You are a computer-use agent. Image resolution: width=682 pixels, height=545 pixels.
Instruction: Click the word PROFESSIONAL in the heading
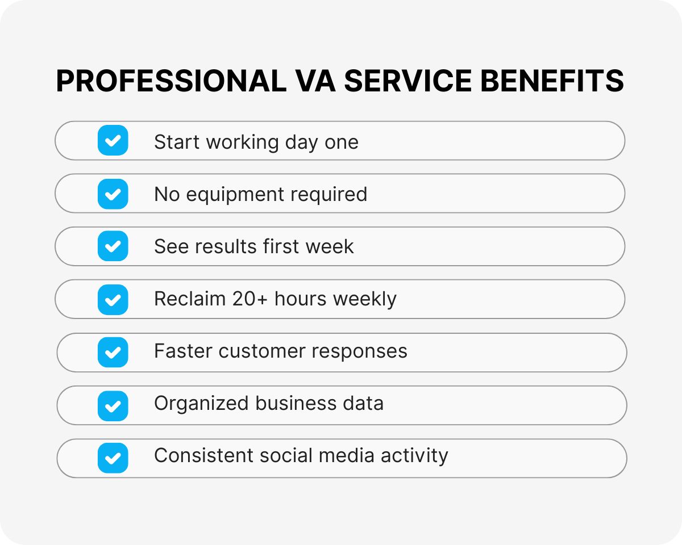coord(171,81)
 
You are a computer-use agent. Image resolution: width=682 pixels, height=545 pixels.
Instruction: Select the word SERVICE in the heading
coord(409,81)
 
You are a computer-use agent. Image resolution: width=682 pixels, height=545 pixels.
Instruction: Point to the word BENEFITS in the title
coord(552,81)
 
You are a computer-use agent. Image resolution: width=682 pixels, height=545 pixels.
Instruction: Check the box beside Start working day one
coord(113,141)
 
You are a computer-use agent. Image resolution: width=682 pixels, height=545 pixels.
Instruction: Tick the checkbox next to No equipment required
coord(113,194)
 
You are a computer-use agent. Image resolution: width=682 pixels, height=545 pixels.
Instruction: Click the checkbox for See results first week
coord(113,246)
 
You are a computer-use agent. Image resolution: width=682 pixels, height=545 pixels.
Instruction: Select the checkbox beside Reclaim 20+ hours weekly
coord(113,299)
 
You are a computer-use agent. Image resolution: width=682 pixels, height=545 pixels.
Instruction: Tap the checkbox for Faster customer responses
coord(113,352)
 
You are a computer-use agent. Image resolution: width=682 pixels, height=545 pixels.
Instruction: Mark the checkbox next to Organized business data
coord(113,405)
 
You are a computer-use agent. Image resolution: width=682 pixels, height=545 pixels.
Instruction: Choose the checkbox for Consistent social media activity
coord(113,458)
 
